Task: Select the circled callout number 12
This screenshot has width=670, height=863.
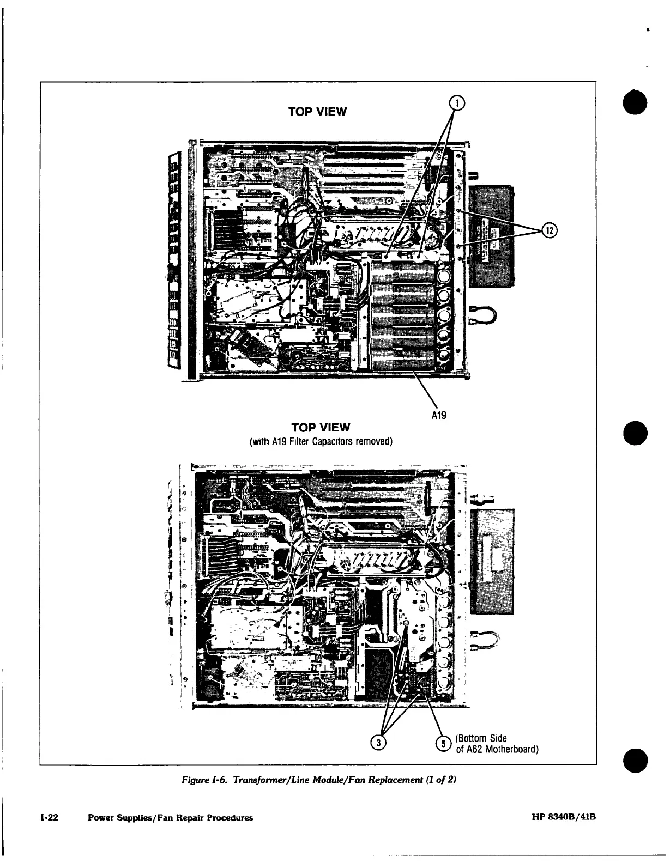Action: pos(549,230)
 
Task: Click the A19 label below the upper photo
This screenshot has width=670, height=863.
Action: pos(439,416)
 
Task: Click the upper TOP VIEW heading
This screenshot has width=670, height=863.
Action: pos(317,112)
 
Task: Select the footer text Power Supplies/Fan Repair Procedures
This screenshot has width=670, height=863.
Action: pos(170,818)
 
